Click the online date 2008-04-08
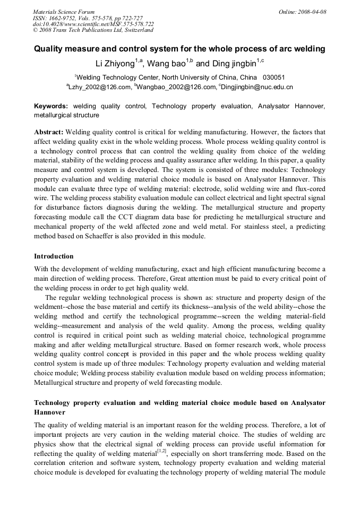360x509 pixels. click(312, 12)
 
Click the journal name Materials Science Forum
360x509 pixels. click(64, 12)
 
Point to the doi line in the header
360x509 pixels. click(93, 24)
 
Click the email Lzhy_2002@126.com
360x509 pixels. click(100, 87)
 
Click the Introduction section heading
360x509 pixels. click(54, 256)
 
